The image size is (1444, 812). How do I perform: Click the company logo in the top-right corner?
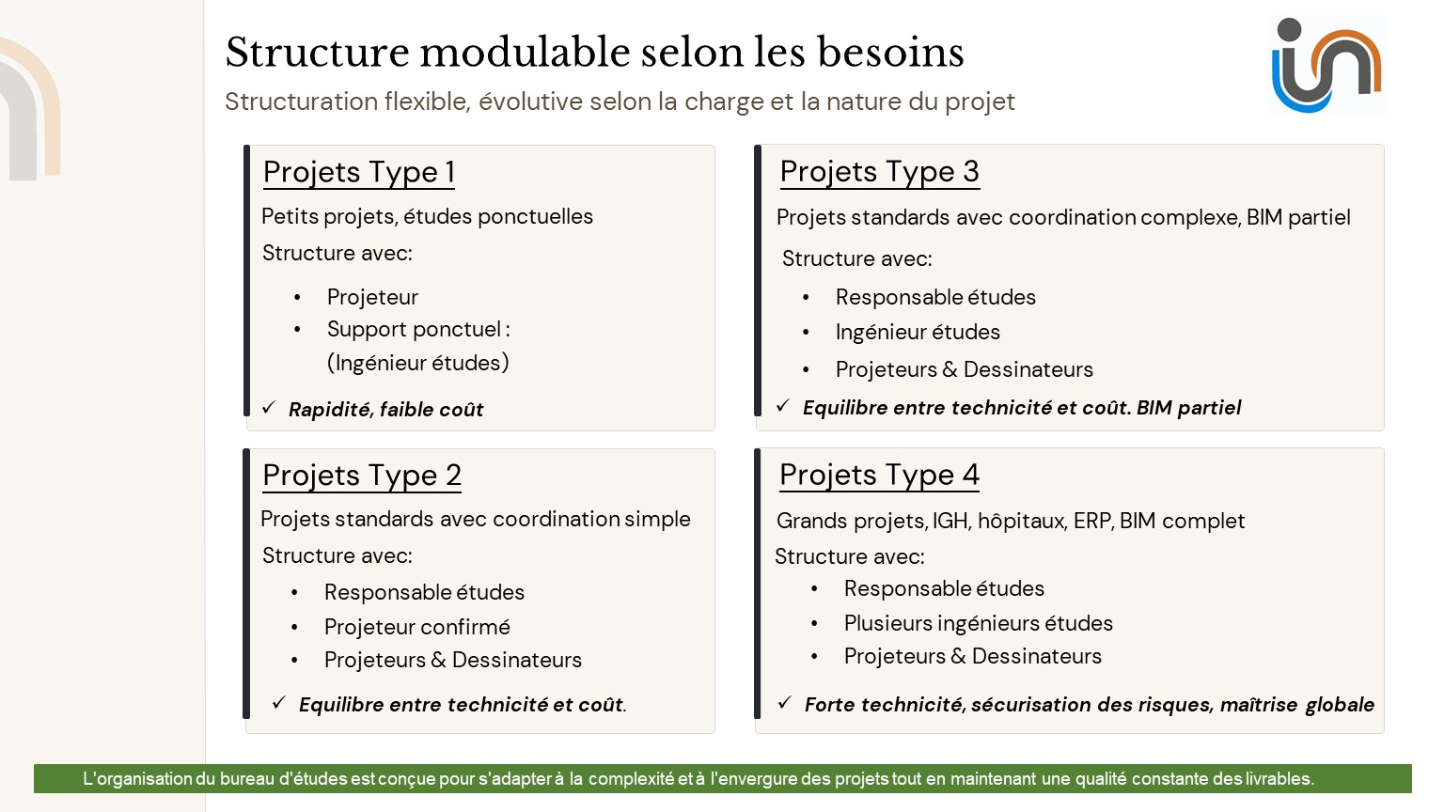pos(1326,65)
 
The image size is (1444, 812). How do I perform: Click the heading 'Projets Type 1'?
pos(359,172)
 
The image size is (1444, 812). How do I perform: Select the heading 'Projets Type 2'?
pos(362,476)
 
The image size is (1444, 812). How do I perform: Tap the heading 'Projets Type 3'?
pos(879,171)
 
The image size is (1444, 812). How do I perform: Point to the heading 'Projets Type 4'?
pos(879,475)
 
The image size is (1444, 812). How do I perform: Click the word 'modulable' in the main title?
pos(525,52)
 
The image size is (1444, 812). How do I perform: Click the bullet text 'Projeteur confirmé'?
pos(417,627)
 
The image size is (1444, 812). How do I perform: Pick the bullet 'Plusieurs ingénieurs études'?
pos(978,623)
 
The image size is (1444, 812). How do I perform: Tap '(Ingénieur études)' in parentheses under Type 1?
pos(417,363)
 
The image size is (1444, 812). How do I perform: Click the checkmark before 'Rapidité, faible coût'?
pos(269,407)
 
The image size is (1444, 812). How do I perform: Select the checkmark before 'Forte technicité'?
pos(784,702)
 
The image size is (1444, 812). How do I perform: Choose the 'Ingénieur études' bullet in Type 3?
pos(918,332)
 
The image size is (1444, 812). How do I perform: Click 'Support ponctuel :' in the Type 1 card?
pos(418,329)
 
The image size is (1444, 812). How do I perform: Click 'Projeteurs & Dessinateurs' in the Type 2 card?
pos(452,660)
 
